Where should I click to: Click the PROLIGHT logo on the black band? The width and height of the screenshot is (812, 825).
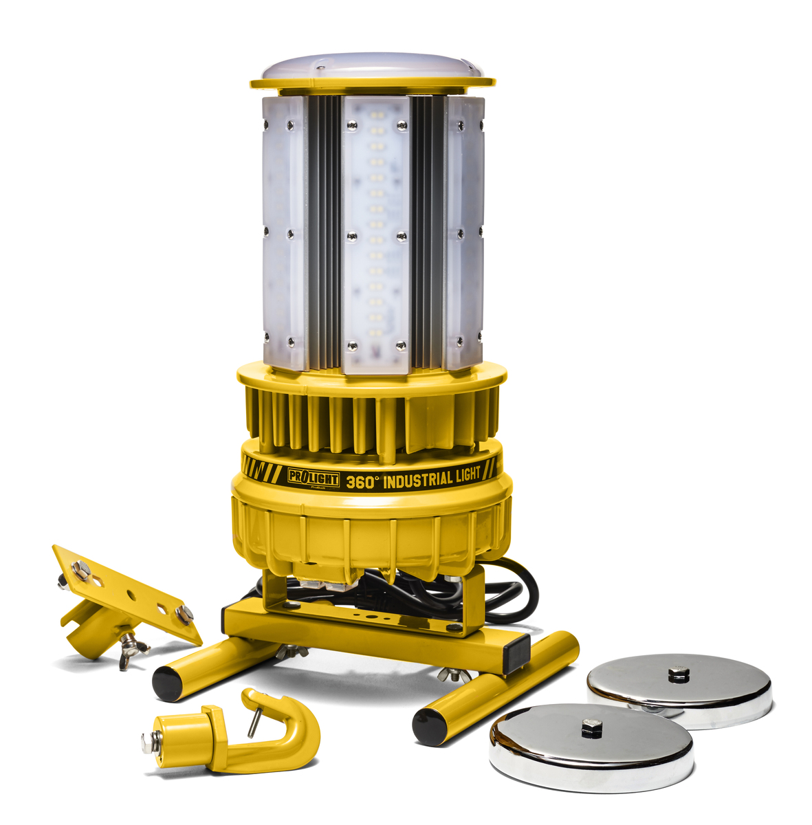[x=313, y=478]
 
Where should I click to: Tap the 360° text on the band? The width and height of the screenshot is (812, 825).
[x=362, y=482]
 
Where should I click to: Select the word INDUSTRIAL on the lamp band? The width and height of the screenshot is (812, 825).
[x=418, y=479]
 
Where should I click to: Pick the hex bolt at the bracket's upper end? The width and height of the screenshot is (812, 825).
[x=81, y=568]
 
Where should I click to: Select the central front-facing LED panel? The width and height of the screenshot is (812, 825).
[x=375, y=234]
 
